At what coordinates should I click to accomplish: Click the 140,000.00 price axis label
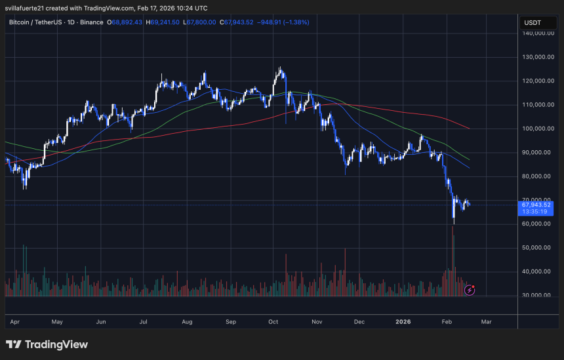click(x=535, y=33)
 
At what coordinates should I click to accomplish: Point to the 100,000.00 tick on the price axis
click(x=535, y=129)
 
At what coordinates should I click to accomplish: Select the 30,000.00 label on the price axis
click(x=535, y=295)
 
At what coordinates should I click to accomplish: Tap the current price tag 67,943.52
click(x=535, y=205)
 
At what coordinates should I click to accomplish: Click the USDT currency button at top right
click(x=533, y=22)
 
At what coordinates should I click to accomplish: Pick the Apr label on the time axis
click(x=14, y=323)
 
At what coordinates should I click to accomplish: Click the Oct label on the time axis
click(x=274, y=323)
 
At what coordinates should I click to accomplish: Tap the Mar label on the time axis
click(x=486, y=323)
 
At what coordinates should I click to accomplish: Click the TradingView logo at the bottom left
click(x=47, y=345)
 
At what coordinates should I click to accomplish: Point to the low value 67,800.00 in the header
click(x=204, y=22)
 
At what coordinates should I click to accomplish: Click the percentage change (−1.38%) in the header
click(x=295, y=22)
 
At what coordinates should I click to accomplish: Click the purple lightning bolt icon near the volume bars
click(x=470, y=289)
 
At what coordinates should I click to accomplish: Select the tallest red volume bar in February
click(x=453, y=262)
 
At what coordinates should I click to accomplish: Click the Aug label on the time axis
click(x=187, y=323)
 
